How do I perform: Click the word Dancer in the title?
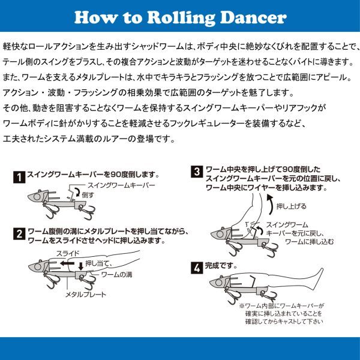click(253, 17)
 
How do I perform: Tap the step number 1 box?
click(19, 177)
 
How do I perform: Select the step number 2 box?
click(20, 234)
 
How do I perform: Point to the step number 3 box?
click(197, 172)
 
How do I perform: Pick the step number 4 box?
click(197, 268)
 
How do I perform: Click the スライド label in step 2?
click(68, 253)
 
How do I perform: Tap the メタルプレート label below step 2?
click(86, 295)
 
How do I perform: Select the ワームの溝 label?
click(116, 274)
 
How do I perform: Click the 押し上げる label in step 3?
click(292, 206)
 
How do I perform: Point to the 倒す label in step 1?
click(88, 195)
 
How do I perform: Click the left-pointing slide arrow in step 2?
click(67, 263)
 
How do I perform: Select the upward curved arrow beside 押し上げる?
click(271, 205)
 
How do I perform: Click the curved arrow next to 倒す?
click(78, 192)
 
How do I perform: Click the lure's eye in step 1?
click(37, 197)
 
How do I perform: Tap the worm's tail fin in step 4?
click(318, 278)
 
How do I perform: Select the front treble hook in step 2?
click(53, 281)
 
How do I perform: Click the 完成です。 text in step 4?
click(221, 266)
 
